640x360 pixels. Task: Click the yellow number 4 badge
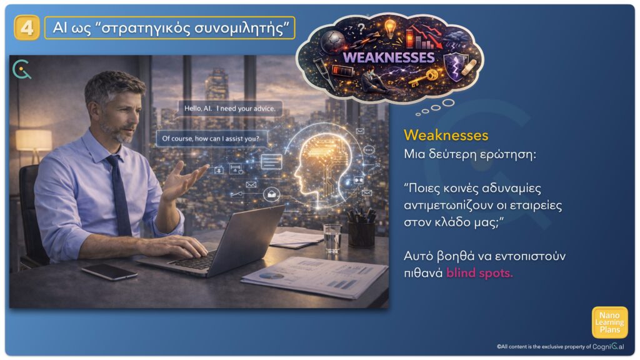[x=27, y=27]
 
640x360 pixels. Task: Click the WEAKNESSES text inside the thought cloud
[x=389, y=57]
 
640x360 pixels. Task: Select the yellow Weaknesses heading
[x=446, y=135]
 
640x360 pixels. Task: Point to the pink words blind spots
[x=479, y=272]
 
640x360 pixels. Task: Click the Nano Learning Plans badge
[x=610, y=322]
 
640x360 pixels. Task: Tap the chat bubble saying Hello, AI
[x=230, y=109]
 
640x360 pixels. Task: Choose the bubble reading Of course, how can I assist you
[x=211, y=139]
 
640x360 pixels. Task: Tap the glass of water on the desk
[x=332, y=237]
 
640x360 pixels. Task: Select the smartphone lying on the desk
[x=109, y=271]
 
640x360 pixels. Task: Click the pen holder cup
[x=361, y=232]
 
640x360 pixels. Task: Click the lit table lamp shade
[x=34, y=140]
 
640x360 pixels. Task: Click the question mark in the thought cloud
[x=361, y=28]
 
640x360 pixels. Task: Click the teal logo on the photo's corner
[x=22, y=69]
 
